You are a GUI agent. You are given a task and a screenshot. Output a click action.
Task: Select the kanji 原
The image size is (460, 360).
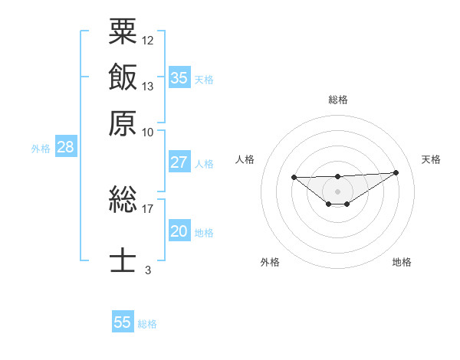[123, 123]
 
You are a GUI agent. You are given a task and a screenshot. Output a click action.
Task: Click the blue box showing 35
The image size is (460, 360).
[179, 78]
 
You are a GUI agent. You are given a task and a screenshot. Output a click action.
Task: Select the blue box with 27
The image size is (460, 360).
[179, 162]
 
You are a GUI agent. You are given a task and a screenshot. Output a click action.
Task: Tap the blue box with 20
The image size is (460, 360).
[179, 232]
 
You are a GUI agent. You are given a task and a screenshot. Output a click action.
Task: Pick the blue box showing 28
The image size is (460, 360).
[65, 148]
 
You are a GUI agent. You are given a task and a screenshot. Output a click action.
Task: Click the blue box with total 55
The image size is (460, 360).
[123, 322]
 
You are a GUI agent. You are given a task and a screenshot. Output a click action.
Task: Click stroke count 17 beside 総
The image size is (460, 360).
[148, 208]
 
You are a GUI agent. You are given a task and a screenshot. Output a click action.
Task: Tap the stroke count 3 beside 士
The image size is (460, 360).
[148, 270]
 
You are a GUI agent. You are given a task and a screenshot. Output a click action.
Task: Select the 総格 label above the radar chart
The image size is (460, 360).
[337, 100]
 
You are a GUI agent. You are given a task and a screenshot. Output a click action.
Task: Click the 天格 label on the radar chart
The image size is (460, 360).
[431, 159]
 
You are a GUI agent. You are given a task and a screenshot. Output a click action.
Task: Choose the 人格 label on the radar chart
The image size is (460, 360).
[245, 159]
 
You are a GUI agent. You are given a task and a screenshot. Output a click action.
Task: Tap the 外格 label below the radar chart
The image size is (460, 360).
[270, 262]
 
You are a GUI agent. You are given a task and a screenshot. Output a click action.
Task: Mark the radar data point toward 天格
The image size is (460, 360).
[396, 172]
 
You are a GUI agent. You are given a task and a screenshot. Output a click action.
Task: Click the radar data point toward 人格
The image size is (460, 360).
[294, 178]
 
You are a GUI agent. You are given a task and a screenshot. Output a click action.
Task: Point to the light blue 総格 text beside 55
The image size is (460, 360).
[147, 324]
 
